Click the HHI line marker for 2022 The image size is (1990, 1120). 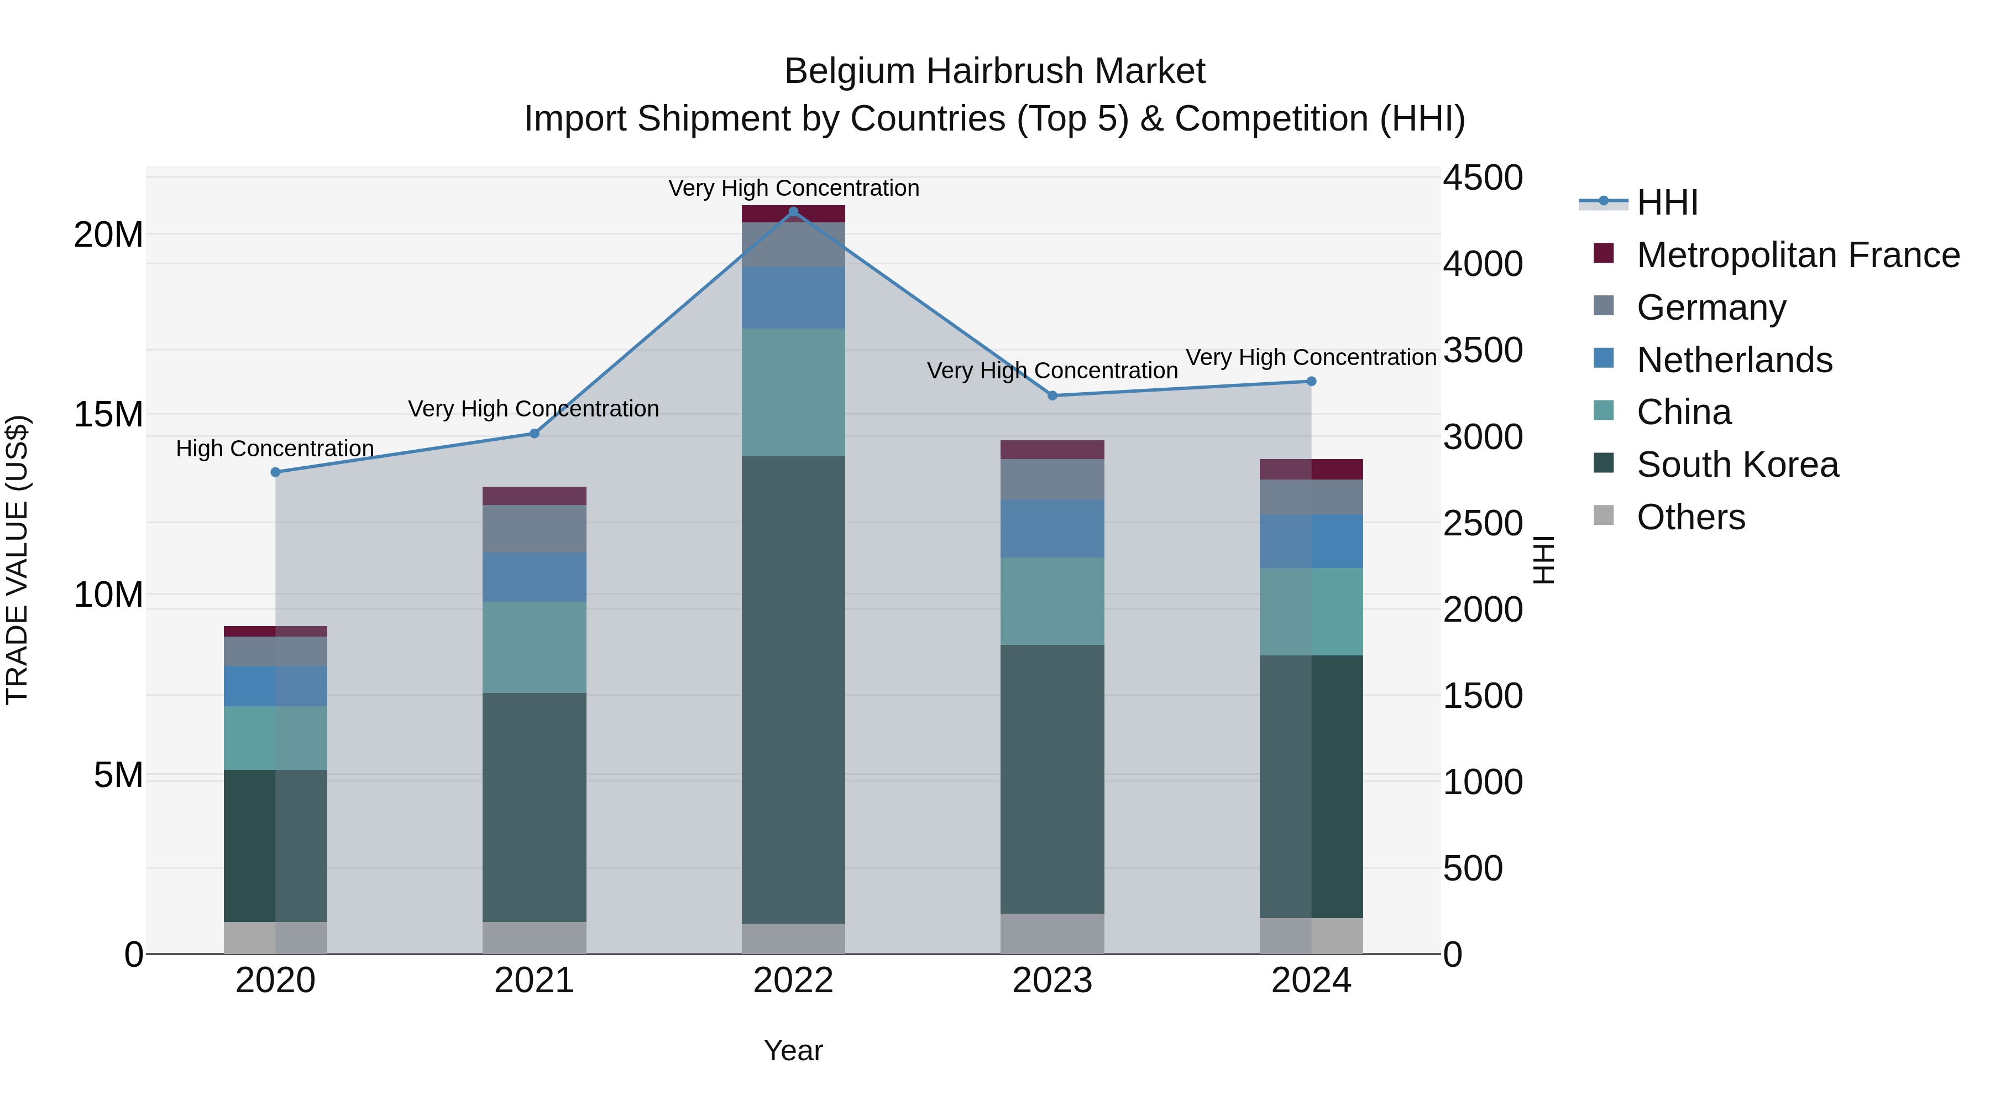point(793,212)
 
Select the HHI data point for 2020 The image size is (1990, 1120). point(276,472)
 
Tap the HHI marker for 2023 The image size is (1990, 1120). point(1052,396)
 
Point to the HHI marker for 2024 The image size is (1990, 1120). point(1311,381)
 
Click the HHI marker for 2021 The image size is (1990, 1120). point(535,434)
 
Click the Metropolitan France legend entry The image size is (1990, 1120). point(1798,255)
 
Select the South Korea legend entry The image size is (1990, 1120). point(1737,465)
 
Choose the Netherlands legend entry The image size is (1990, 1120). point(1734,360)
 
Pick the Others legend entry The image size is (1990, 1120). point(1690,517)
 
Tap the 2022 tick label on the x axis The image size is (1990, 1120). point(793,981)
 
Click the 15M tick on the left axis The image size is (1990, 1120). point(108,415)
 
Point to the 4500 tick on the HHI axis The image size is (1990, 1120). point(1483,178)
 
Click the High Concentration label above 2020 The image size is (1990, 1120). point(275,449)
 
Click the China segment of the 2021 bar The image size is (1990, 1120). point(535,647)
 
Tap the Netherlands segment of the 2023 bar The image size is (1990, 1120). point(1052,529)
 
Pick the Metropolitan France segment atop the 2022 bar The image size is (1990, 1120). point(793,214)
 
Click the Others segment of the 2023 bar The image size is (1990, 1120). point(1052,934)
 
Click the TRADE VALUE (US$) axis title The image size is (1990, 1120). point(17,560)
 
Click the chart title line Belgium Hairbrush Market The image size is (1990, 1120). point(994,71)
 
